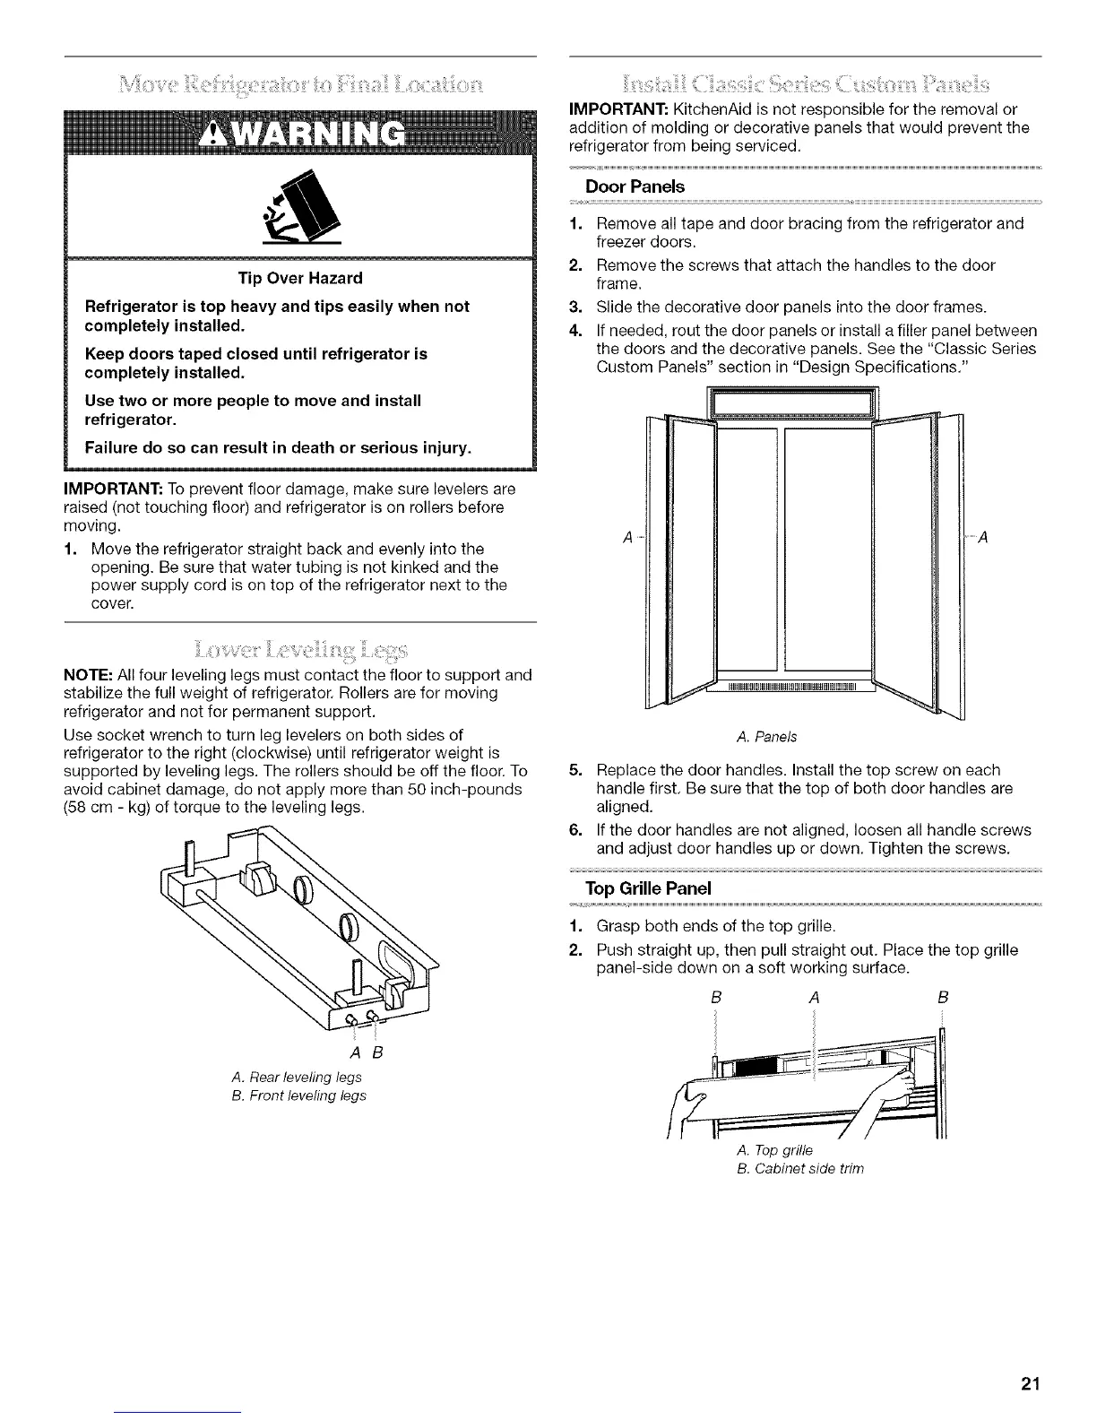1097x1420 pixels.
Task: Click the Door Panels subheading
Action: [x=635, y=186]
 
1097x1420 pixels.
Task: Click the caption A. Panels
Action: [x=765, y=737]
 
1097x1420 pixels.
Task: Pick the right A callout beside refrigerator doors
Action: [x=983, y=538]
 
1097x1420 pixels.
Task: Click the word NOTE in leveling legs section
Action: [x=82, y=674]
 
